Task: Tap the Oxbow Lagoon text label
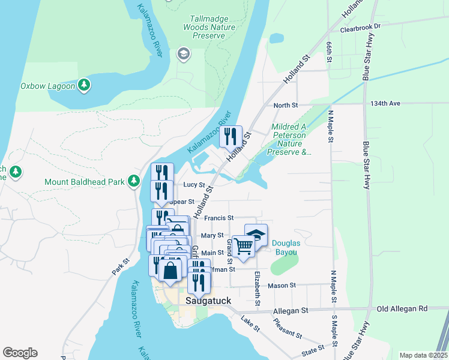pos(47,86)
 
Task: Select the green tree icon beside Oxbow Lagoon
pos(85,85)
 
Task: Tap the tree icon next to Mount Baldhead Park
pos(136,181)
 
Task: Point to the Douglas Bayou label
pos(284,248)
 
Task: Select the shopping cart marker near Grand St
pos(243,246)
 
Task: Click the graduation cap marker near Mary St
pos(256,235)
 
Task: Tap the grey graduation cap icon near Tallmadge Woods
pos(182,55)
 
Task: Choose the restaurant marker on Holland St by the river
pos(231,137)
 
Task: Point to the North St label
pos(286,106)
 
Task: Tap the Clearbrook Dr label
pos(360,27)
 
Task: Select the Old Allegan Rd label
pos(402,308)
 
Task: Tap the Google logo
pos(20,353)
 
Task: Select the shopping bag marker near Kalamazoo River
pos(170,270)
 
